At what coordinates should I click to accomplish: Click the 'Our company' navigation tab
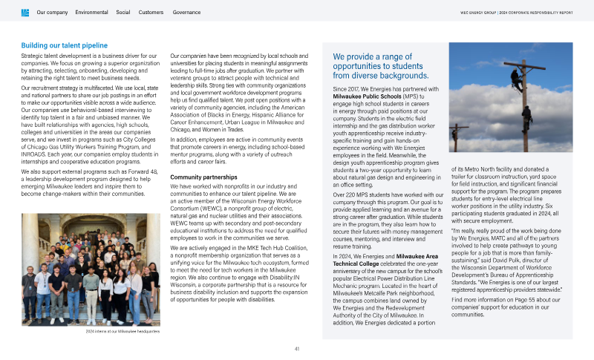click(52, 13)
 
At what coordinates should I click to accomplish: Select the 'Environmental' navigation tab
click(91, 13)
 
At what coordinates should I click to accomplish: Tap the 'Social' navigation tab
click(123, 13)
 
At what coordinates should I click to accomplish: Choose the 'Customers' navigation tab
click(151, 13)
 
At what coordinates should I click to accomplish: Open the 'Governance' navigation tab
click(186, 13)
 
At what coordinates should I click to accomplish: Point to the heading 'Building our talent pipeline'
click(64, 46)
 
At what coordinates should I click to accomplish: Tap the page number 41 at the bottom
click(297, 349)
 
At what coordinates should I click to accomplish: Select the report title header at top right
click(526, 13)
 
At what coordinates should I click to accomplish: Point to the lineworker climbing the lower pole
click(526, 115)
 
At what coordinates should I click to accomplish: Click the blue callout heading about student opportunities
click(382, 65)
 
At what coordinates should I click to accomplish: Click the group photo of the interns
click(90, 269)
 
